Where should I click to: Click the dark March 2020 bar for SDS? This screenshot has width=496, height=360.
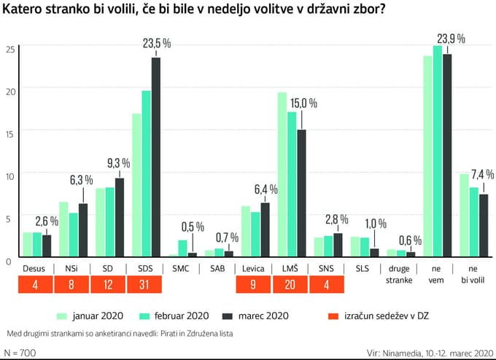tap(155, 157)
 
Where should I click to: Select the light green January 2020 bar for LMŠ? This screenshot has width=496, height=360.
tap(282, 175)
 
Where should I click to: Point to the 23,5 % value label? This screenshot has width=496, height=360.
tap(156, 44)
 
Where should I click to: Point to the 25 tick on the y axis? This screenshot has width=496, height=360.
tap(9, 49)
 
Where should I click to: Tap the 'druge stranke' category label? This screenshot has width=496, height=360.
tap(400, 274)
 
